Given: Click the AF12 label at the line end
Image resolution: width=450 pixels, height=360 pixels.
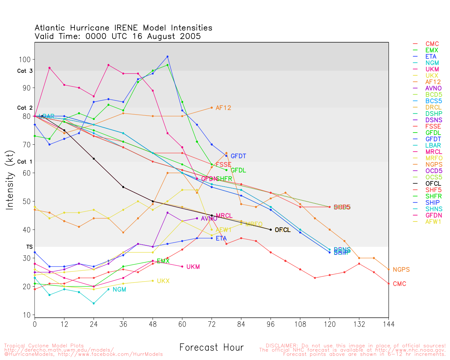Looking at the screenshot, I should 223,108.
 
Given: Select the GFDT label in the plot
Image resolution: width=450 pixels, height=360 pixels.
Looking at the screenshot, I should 238,156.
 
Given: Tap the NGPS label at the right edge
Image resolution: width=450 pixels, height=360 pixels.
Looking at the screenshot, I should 401,270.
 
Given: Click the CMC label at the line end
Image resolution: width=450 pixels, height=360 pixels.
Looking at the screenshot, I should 399,284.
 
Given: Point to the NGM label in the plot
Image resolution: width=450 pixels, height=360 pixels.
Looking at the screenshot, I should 119,290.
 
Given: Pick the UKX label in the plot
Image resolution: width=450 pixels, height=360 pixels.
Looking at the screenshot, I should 163,281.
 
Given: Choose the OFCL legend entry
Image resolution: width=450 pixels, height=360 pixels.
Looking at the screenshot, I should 433,184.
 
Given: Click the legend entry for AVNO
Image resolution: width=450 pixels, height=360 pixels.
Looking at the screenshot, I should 433,88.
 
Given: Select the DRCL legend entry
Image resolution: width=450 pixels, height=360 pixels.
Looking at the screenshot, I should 433,107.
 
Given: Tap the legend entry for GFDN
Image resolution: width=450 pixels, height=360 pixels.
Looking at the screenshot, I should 433,215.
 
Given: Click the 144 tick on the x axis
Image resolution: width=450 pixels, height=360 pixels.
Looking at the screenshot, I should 388,324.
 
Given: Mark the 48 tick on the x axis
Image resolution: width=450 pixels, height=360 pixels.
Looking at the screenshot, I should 153,324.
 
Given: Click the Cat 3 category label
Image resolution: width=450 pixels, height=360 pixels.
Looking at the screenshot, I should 25,71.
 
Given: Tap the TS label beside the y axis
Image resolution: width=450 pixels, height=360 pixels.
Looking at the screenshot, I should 29,247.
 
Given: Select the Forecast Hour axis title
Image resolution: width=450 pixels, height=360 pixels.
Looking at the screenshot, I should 211,348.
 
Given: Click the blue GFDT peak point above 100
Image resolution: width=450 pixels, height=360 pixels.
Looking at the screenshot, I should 167,57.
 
